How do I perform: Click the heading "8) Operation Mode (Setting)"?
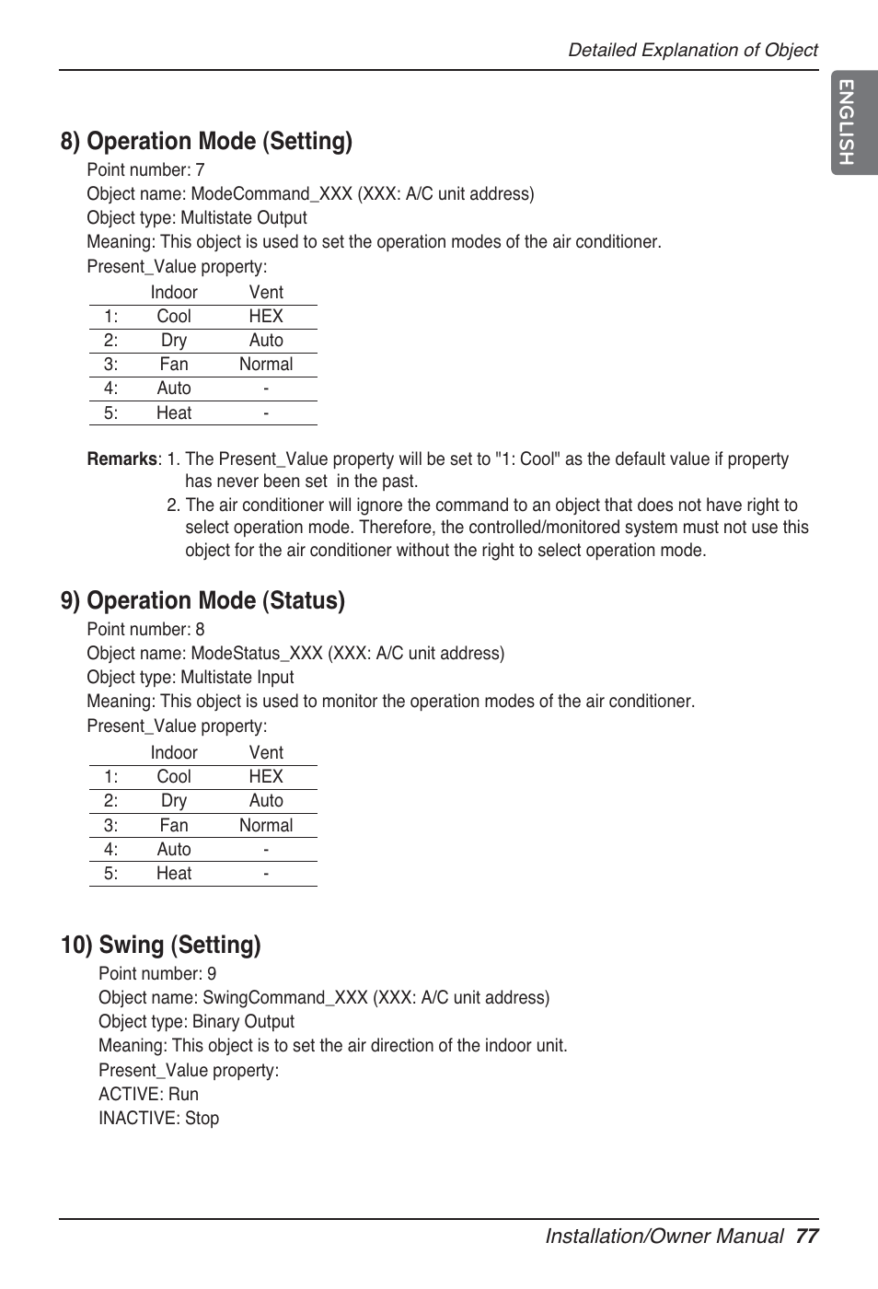[x=206, y=141]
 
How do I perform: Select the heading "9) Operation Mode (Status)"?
[x=202, y=600]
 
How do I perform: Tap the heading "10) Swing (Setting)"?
[x=161, y=945]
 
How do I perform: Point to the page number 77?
[x=807, y=1236]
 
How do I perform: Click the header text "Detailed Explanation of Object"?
[x=692, y=51]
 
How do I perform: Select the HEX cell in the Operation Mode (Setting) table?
[x=266, y=317]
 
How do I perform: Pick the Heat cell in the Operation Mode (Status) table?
[x=174, y=874]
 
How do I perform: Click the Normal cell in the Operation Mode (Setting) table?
[x=266, y=365]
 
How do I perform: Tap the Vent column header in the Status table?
[x=266, y=753]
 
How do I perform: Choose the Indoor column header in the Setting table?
[x=174, y=293]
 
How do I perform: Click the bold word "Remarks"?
[x=121, y=459]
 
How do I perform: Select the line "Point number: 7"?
[x=145, y=170]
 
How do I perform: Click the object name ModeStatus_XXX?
[x=256, y=654]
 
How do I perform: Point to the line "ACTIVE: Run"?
[x=148, y=1095]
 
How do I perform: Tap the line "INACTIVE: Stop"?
[x=158, y=1119]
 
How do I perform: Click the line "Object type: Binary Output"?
[x=196, y=1022]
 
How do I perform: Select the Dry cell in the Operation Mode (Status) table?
[x=174, y=801]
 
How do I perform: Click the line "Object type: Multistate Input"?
[x=190, y=678]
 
